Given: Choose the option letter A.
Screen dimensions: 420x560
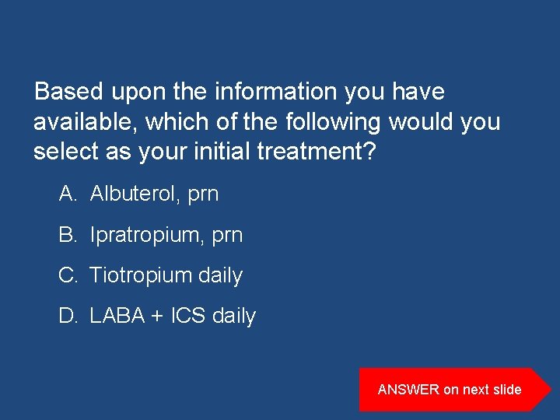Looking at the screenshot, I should [x=67, y=194].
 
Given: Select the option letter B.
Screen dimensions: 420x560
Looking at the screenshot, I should [x=67, y=234].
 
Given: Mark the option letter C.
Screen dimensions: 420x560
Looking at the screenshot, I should [x=67, y=275].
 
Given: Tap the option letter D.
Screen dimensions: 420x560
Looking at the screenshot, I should [x=67, y=316].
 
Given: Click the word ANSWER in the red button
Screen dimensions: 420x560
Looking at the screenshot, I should [x=408, y=390].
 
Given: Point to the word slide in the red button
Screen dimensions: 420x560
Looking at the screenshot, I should [x=506, y=390].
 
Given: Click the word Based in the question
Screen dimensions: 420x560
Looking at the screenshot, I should [x=69, y=92].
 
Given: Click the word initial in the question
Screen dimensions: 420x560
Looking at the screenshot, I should [x=208, y=152].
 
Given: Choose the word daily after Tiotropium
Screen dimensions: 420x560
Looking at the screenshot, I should [x=221, y=275].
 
